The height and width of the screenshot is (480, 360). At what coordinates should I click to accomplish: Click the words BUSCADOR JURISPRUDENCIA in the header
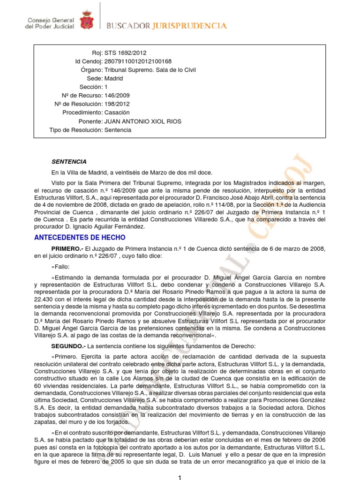pos(167,26)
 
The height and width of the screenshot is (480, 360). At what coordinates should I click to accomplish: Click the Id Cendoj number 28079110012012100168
pos(138,61)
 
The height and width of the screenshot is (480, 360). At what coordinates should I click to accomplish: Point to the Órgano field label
pos(92,70)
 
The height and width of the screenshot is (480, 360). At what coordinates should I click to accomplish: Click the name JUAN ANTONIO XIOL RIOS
pos(142,121)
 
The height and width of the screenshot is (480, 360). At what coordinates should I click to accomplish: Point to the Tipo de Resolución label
pos(75,130)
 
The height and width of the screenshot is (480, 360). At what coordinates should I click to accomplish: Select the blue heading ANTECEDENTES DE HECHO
pos(80,238)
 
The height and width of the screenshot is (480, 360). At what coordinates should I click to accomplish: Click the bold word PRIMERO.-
pos(67,248)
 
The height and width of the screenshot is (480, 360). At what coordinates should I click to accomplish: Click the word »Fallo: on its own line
pos(61,267)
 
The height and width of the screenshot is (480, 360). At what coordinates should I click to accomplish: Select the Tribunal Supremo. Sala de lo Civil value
pos(150,70)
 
